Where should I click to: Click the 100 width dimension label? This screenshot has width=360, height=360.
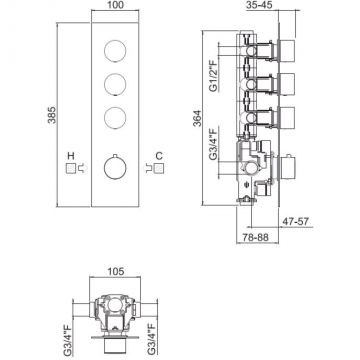click(115, 5)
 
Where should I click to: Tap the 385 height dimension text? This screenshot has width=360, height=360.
click(52, 115)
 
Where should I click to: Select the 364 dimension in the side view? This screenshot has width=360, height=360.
click(197, 118)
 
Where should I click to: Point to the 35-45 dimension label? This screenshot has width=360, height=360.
click(260, 5)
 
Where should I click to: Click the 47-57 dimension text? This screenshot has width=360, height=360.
click(296, 221)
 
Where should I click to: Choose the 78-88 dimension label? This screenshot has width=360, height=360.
click(256, 237)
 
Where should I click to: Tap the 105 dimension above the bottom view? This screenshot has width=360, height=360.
click(115, 272)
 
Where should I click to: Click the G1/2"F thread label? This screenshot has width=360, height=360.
click(213, 76)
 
